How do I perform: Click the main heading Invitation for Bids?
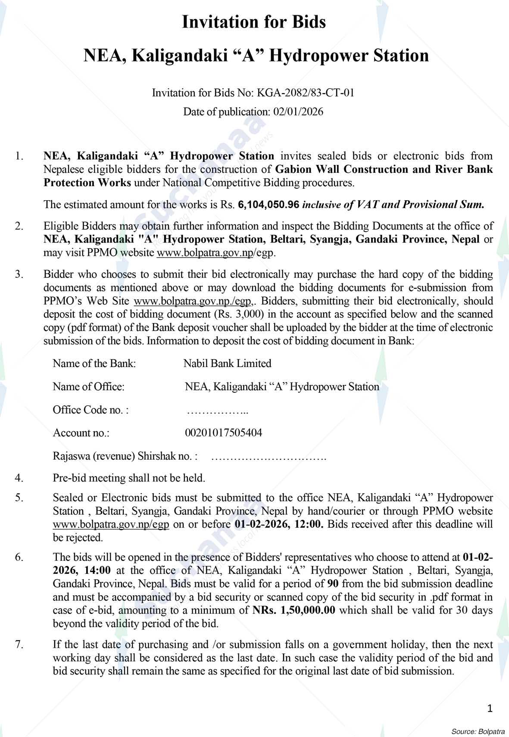click(254, 22)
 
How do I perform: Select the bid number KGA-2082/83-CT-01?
click(306, 93)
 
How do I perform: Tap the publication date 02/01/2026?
click(298, 112)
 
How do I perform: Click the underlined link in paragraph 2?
click(204, 253)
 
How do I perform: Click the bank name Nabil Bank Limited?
click(227, 364)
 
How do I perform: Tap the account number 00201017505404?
click(223, 432)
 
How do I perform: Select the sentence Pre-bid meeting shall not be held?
click(128, 478)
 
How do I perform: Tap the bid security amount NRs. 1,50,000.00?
click(294, 610)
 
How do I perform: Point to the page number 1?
click(489, 708)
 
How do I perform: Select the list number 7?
click(19, 644)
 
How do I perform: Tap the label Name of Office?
click(88, 387)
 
